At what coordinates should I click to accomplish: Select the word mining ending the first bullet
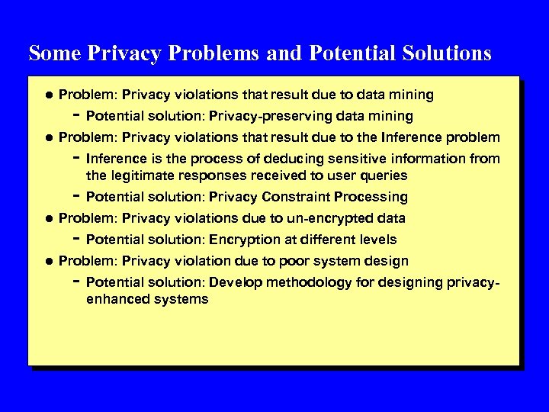409,95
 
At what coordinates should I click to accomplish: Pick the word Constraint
294,197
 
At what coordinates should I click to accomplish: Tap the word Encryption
244,240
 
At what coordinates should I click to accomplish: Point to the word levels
377,240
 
